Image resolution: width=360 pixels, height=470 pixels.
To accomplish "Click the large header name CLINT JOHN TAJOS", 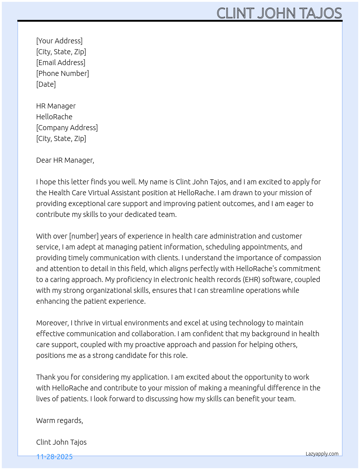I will (279, 13).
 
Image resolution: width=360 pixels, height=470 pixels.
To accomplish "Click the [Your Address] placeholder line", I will (59, 41).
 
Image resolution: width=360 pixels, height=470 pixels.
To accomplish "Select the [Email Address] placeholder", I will (61, 63).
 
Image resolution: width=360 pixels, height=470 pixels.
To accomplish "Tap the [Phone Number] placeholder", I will (63, 73).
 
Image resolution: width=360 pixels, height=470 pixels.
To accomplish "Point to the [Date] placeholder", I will (46, 84).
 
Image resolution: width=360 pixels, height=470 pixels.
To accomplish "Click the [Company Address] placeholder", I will (67, 128).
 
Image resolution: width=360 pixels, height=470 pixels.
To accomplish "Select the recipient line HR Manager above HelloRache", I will (56, 106).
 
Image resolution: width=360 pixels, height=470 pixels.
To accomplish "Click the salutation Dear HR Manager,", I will (65, 160).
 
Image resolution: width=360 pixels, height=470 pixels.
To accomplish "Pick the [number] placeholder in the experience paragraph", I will (84, 236).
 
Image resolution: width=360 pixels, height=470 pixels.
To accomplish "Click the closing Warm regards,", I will (60, 420).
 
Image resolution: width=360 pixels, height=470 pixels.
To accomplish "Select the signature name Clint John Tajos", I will (61, 442).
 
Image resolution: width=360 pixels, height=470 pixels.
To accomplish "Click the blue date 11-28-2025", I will (55, 457).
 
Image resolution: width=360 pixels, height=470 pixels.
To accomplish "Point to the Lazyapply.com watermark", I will (322, 454).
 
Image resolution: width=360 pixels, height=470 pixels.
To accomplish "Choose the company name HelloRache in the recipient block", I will (54, 117).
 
